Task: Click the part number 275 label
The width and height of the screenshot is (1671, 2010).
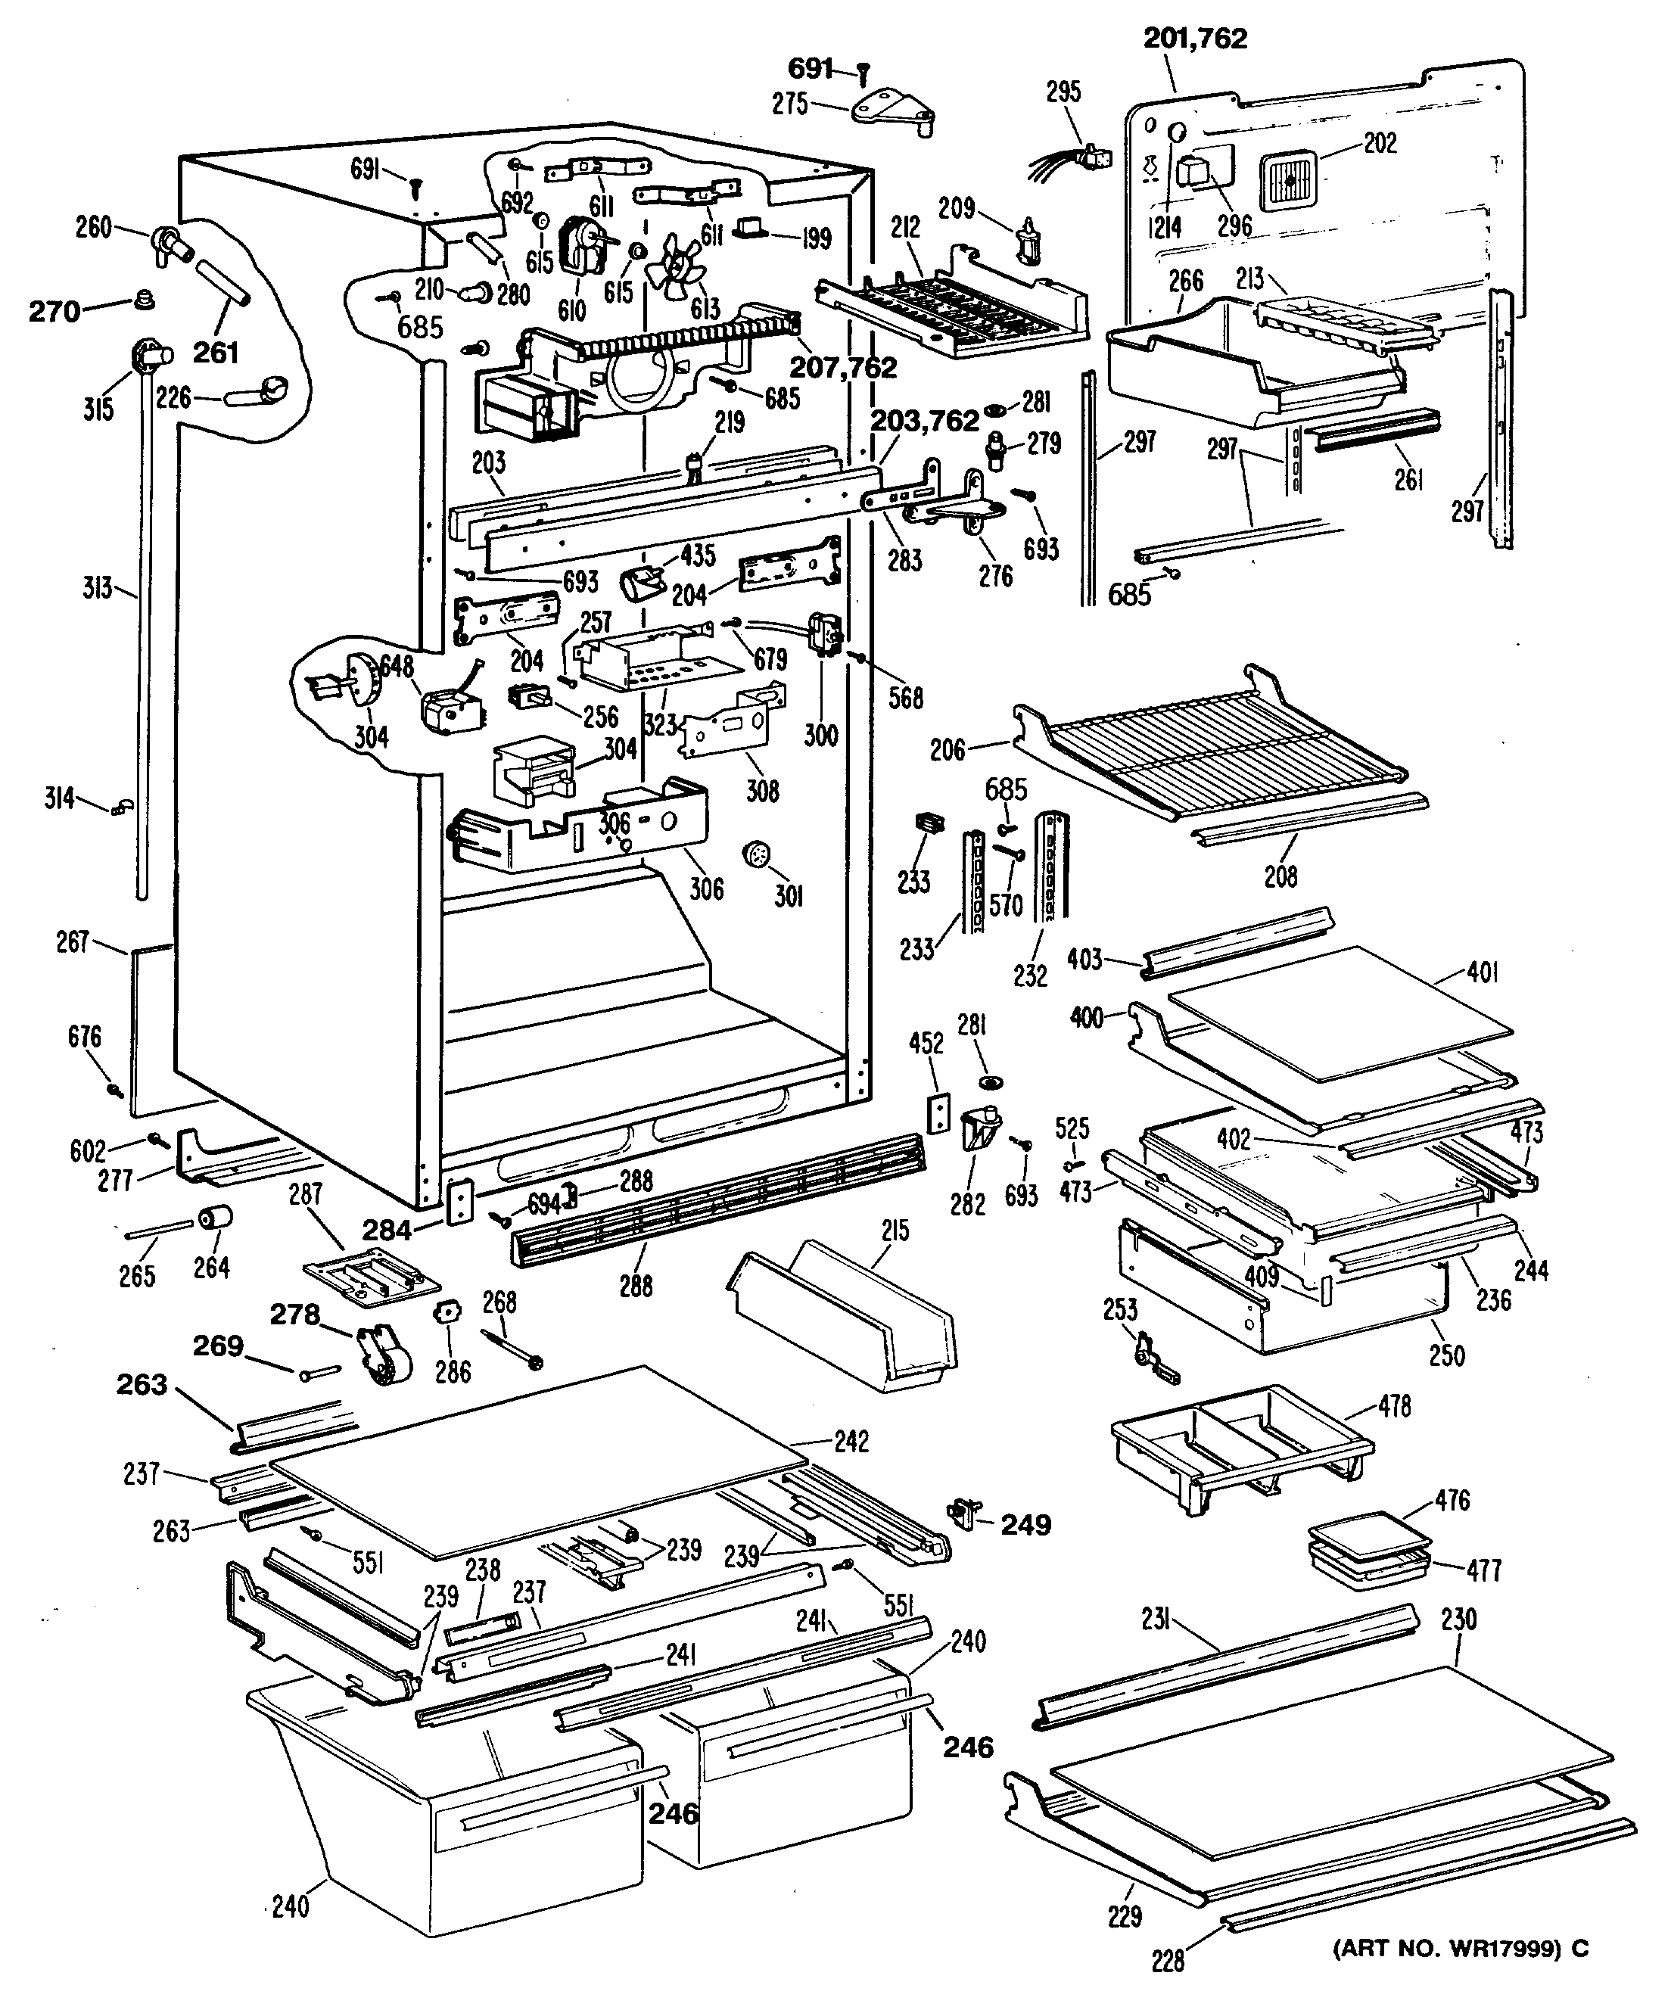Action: [x=791, y=104]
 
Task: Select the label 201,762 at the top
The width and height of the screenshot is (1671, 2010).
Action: [x=1195, y=39]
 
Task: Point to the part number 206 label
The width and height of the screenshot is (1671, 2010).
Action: [x=948, y=749]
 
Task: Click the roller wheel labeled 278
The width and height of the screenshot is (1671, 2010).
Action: [x=382, y=1355]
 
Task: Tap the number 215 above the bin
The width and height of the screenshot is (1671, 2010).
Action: [x=896, y=1230]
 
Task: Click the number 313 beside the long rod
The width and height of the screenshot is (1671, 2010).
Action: [x=97, y=586]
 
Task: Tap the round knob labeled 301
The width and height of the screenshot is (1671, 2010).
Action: [x=757, y=854]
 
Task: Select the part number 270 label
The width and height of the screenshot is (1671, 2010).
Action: [x=54, y=311]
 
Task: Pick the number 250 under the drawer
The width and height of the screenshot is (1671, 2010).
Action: [x=1446, y=1355]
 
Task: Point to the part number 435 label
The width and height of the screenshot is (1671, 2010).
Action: [x=697, y=556]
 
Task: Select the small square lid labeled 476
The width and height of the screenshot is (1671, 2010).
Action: [x=1368, y=1530]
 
